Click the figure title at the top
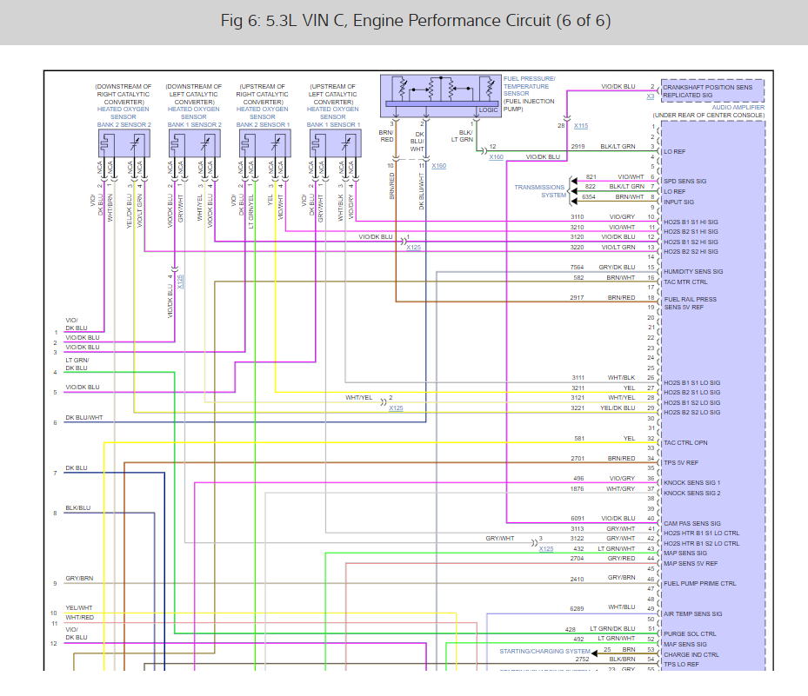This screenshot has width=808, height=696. click(x=403, y=21)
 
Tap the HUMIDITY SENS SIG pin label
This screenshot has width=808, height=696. click(x=698, y=271)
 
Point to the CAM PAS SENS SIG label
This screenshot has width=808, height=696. click(x=691, y=523)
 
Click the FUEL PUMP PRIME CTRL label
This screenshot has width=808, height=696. click(x=699, y=583)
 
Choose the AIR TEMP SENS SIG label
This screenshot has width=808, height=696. click(x=692, y=613)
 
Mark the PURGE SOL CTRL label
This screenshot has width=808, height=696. click(x=690, y=633)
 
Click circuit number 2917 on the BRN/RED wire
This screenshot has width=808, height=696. click(x=578, y=298)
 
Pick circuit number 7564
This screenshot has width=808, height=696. click(x=578, y=267)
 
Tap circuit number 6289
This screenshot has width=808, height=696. click(x=578, y=608)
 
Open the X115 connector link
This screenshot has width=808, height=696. click(x=581, y=126)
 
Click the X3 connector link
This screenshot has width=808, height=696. click(x=650, y=96)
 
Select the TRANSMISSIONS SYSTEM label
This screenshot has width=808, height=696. click(x=539, y=191)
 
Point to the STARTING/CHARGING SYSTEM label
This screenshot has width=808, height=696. click(x=544, y=651)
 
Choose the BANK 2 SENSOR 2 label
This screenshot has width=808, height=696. click(x=124, y=124)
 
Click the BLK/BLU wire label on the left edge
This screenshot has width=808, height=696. click(x=77, y=507)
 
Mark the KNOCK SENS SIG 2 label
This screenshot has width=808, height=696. click(x=692, y=493)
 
